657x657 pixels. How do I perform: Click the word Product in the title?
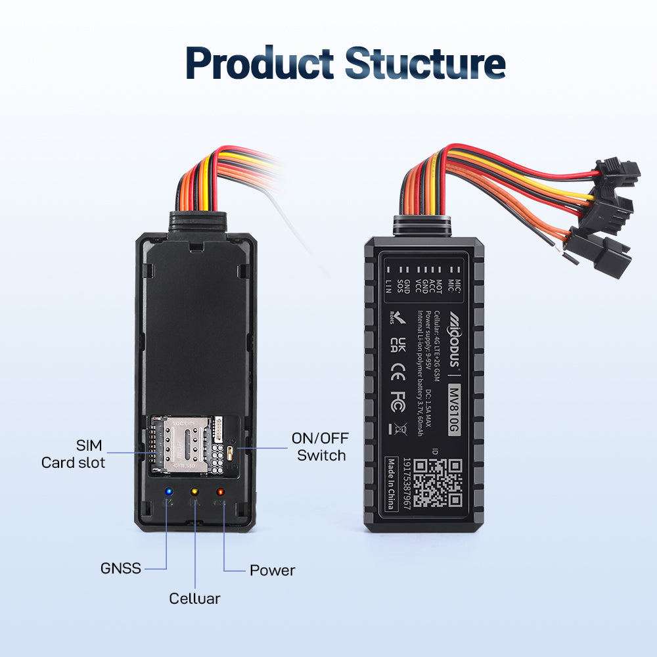coord(261,64)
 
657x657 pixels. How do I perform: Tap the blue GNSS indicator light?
coord(169,492)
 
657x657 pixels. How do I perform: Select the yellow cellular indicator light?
coord(194,491)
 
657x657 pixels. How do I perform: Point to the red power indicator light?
coord(220,492)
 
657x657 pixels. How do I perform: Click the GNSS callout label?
coord(121,568)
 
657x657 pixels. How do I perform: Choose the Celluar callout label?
coord(194,599)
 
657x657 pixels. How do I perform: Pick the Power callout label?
coord(272,570)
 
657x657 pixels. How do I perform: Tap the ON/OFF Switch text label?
coord(321,447)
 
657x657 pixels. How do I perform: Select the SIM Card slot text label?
coord(73,453)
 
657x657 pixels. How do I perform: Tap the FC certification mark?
coord(396,403)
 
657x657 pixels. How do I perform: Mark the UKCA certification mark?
coord(396,346)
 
